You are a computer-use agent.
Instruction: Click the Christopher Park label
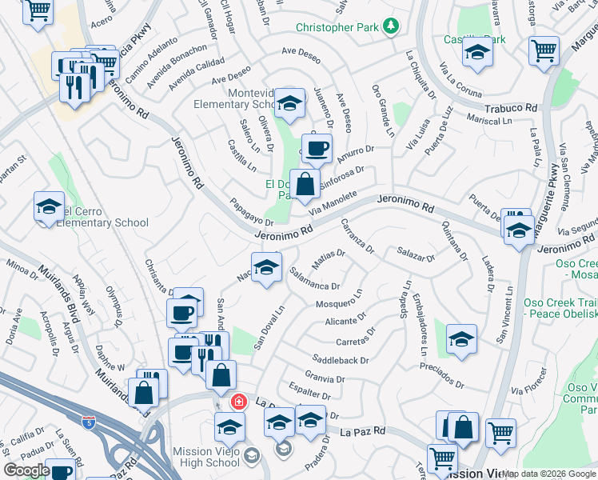tap(336, 27)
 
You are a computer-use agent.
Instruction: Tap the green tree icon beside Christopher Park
tap(391, 27)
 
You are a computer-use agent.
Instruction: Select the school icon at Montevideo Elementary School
tap(289, 103)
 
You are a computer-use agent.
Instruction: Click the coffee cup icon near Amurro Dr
tap(316, 148)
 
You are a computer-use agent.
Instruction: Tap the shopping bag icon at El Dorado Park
tap(305, 184)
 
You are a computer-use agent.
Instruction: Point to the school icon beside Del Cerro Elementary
tap(49, 207)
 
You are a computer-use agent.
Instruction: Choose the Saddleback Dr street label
tap(341, 361)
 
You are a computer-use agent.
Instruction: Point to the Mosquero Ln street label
tap(340, 304)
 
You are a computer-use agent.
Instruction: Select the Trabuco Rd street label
tap(508, 107)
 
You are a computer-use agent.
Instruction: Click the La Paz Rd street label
tap(363, 431)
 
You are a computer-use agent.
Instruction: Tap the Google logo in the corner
tap(26, 470)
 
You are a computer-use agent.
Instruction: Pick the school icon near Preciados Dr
tap(461, 339)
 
